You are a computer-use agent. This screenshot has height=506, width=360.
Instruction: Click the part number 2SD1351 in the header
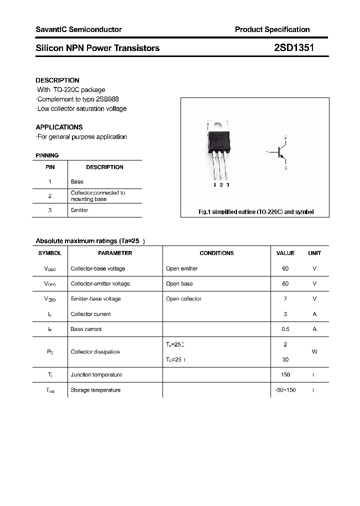294,48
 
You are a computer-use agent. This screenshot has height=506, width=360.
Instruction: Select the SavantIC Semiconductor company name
78,29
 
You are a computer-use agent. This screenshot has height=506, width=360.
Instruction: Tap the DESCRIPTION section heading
57,80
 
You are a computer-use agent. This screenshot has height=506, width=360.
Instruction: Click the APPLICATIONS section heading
59,127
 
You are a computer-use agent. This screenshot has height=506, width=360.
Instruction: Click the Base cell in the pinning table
77,181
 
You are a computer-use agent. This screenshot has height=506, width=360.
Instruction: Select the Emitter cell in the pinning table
79,210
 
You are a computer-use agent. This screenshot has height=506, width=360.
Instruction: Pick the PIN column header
50,167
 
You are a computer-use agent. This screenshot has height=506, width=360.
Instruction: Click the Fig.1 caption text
256,212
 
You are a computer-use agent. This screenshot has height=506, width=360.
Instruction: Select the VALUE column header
285,253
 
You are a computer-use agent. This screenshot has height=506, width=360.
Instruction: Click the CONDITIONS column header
216,253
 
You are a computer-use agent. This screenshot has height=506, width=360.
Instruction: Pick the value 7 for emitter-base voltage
285,298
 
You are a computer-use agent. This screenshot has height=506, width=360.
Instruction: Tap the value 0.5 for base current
285,329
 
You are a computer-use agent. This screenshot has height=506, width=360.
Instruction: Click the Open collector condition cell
183,298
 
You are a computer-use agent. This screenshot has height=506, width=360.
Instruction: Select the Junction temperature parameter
96,374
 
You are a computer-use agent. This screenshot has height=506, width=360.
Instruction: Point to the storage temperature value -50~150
285,389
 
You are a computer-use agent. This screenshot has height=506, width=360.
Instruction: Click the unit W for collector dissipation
314,351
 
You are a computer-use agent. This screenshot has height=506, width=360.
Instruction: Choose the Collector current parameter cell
90,314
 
